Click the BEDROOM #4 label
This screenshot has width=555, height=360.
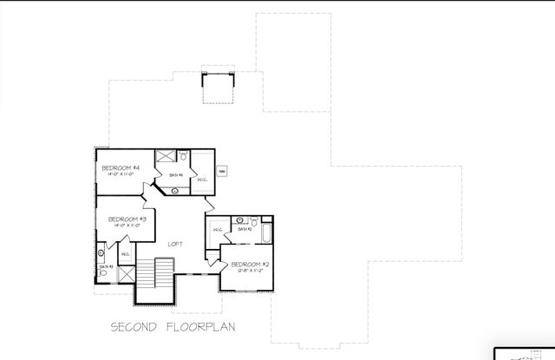tap(121, 167)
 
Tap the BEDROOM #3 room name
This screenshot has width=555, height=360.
tap(127, 219)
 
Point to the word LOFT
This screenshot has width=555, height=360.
tap(174, 244)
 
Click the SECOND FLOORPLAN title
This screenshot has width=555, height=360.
tap(173, 327)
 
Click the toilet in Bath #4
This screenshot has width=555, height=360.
tap(183, 157)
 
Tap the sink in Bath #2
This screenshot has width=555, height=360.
tap(240, 220)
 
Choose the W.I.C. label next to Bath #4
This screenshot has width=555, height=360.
tap(201, 180)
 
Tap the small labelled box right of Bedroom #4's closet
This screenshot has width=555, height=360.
tap(222, 171)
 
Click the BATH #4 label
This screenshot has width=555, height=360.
tap(175, 175)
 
